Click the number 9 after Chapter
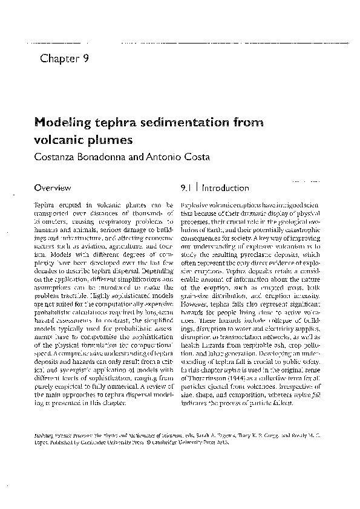(x=87, y=59)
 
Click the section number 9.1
(x=187, y=188)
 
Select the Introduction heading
(x=226, y=188)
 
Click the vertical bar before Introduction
(x=197, y=188)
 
